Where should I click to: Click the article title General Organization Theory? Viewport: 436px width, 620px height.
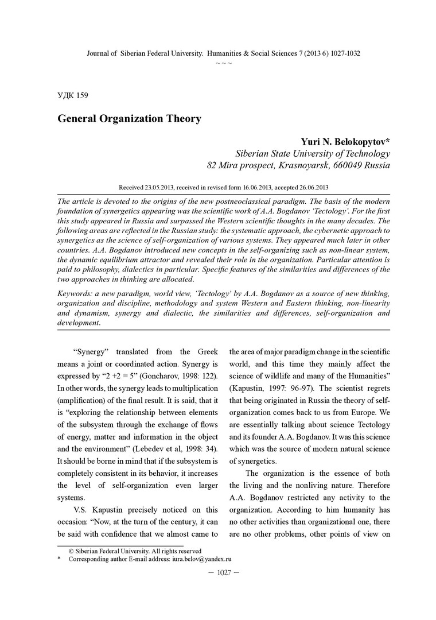(x=129, y=119)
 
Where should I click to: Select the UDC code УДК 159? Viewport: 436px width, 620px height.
(x=72, y=95)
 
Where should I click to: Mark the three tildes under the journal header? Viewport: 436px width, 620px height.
(x=223, y=62)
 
